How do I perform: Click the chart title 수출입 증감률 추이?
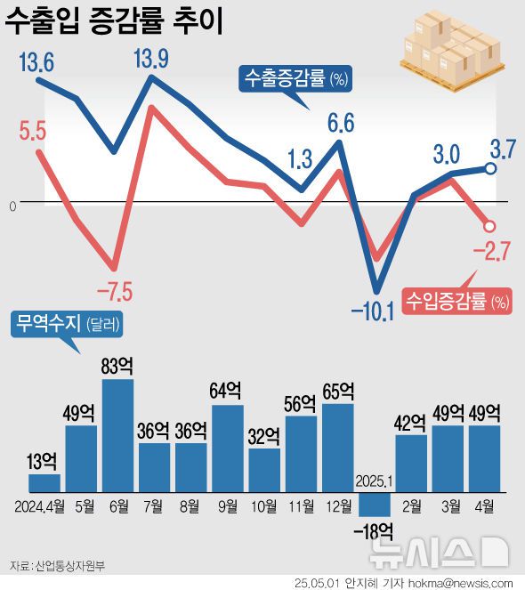click(114, 20)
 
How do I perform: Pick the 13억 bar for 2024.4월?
click(44, 482)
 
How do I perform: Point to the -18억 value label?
click(374, 532)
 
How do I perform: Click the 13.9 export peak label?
click(151, 61)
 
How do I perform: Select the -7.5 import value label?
click(113, 291)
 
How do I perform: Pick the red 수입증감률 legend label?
click(456, 302)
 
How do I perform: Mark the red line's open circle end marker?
click(489, 226)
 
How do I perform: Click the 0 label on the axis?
click(12, 206)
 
